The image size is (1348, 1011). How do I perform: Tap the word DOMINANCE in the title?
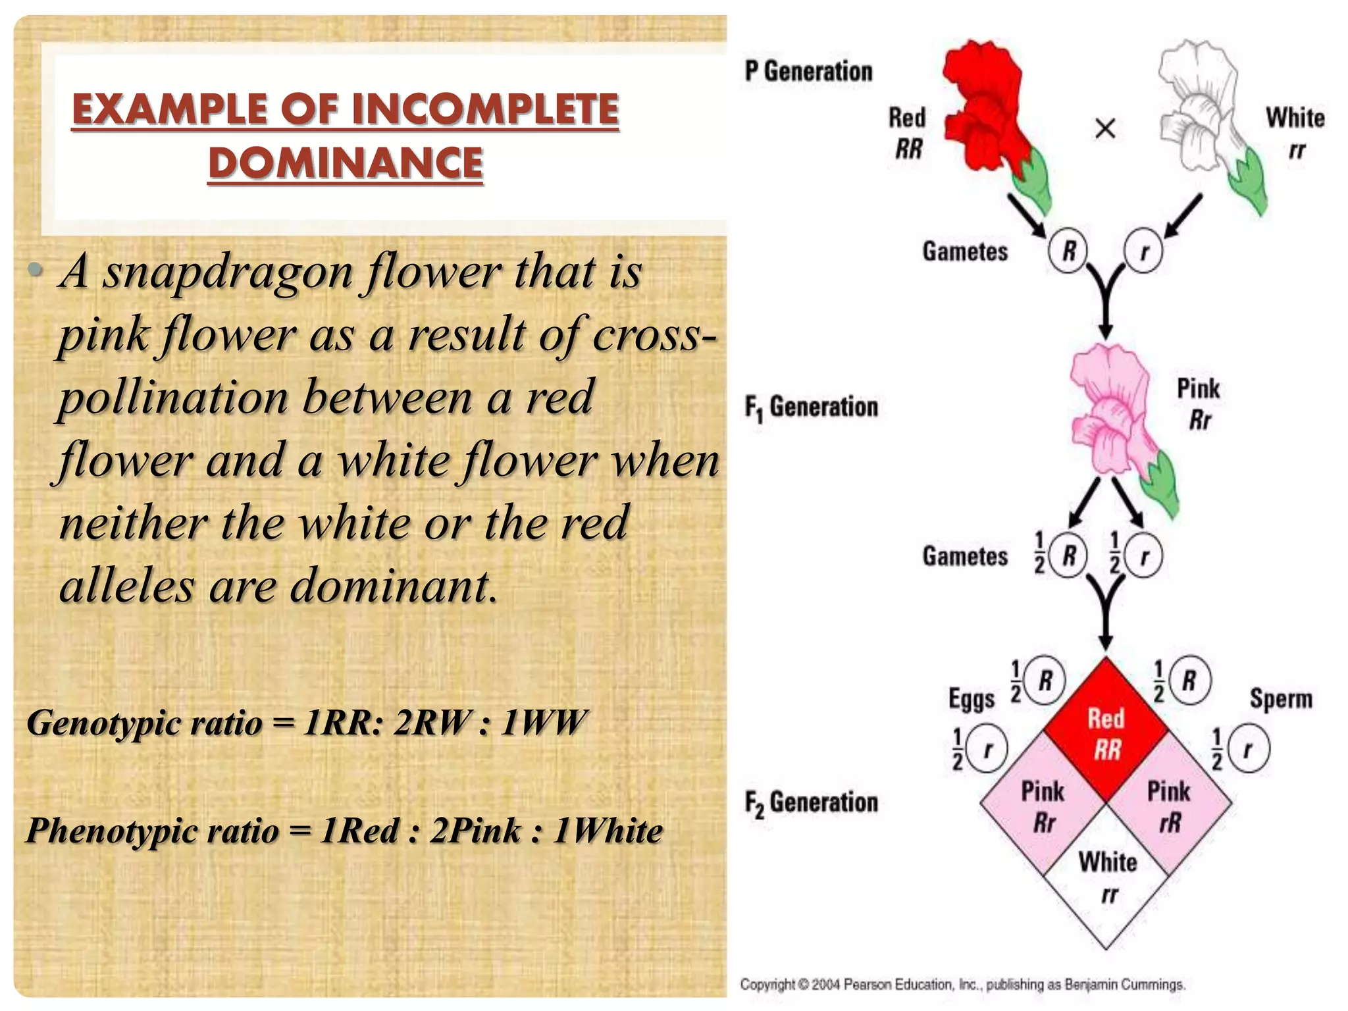(346, 163)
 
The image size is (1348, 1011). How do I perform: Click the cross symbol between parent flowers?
(1105, 128)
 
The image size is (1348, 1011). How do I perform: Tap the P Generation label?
(808, 71)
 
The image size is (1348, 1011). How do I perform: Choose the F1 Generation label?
(811, 407)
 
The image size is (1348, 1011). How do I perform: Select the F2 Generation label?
(811, 802)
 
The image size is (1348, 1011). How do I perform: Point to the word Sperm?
(1280, 698)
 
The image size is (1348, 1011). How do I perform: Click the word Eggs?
(972, 698)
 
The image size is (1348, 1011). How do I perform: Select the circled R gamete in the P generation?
(1068, 251)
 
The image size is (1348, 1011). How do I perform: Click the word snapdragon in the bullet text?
(227, 272)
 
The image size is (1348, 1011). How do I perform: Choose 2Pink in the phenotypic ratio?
(476, 831)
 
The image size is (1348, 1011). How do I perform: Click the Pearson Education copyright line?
(962, 985)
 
